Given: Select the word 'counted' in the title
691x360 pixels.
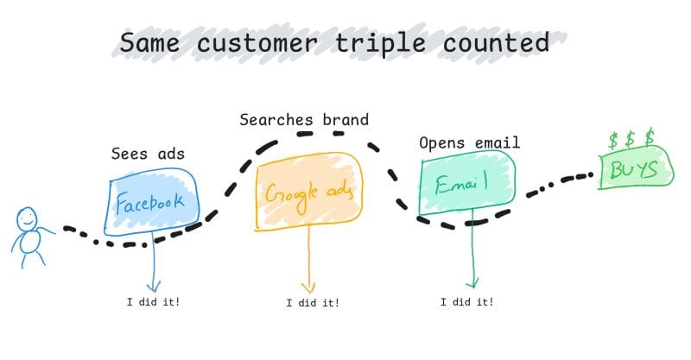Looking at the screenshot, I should pos(507,42).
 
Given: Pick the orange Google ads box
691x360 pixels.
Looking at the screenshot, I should pos(308,193).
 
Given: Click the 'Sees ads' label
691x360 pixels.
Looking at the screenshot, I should pos(147,154).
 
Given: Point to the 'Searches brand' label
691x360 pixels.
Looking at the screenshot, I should pos(304,120).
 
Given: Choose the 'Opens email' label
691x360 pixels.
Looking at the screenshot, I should pos(469,142).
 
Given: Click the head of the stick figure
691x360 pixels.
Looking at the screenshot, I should pos(28,219).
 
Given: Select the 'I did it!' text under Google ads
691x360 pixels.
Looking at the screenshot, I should pos(312,303).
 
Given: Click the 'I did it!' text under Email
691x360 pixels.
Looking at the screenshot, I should pos(466,302).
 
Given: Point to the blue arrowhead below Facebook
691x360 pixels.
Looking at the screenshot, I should pos(153,286).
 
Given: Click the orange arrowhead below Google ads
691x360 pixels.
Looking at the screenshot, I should pos(307,287).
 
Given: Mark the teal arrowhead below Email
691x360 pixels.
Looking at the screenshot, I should pos(472,282).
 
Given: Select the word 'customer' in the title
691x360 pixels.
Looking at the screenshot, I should pos(269,42).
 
